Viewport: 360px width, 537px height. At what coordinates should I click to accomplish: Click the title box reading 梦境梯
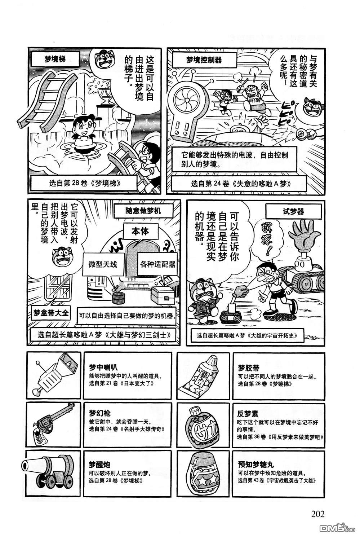(x=55, y=59)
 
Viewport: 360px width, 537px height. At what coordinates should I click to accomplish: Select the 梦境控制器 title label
(x=204, y=60)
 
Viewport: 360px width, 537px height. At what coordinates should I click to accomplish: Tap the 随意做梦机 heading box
(x=143, y=211)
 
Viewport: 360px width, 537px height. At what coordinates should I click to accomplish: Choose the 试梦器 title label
(x=293, y=211)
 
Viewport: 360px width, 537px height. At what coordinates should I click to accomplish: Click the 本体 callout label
(x=140, y=232)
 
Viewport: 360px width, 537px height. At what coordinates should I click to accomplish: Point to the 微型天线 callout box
(x=103, y=264)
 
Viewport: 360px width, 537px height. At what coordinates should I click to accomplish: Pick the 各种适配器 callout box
(x=158, y=264)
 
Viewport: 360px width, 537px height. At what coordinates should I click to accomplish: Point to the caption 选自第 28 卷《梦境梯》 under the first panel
(x=85, y=184)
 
